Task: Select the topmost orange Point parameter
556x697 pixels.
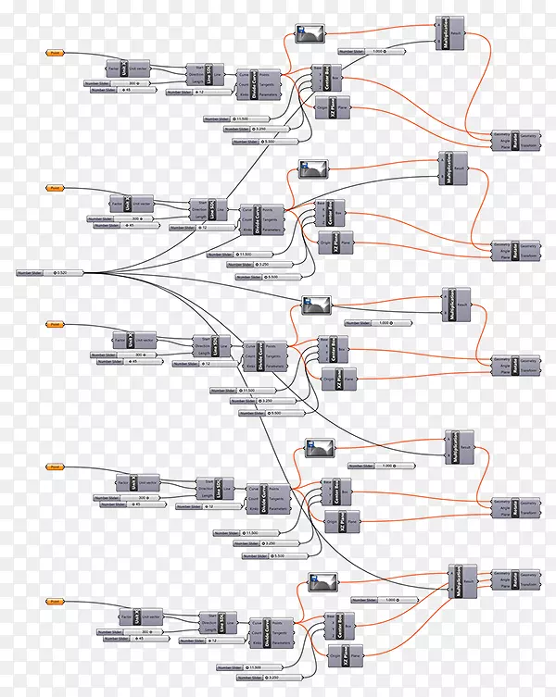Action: pos(55,53)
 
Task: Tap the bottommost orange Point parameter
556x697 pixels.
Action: pos(55,601)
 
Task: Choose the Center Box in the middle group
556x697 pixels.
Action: pos(331,350)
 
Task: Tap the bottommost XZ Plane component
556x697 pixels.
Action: pos(336,660)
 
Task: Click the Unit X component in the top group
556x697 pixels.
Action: pos(130,70)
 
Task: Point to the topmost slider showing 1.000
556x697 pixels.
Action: pos(369,51)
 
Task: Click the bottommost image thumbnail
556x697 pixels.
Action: pos(321,582)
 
